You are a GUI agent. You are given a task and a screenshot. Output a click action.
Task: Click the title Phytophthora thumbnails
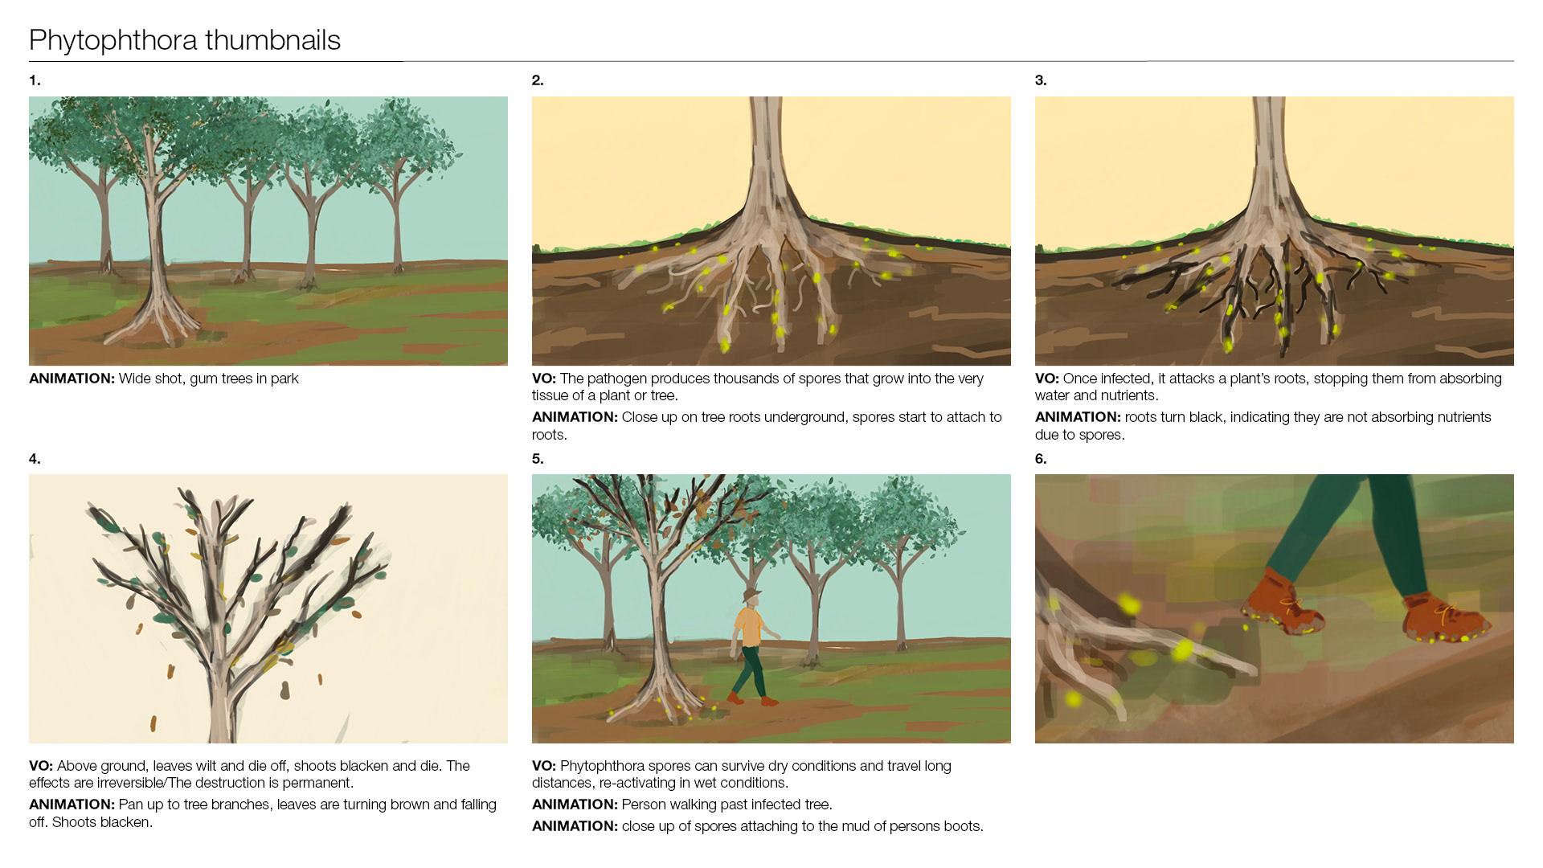pyautogui.click(x=185, y=40)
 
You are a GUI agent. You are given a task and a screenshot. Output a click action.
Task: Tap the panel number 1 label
pyautogui.click(x=35, y=80)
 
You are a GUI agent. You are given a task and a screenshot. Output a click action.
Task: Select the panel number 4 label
pyautogui.click(x=35, y=459)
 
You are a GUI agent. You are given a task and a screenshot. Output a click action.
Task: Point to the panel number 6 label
pyautogui.click(x=1041, y=459)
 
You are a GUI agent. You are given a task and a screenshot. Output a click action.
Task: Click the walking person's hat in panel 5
pyautogui.click(x=752, y=595)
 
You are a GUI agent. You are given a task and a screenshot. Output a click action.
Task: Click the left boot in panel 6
pyautogui.click(x=1282, y=603)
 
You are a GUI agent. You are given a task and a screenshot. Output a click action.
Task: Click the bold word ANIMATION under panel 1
pyautogui.click(x=72, y=379)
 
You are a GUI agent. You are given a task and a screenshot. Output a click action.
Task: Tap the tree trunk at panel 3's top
pyautogui.click(x=1269, y=153)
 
